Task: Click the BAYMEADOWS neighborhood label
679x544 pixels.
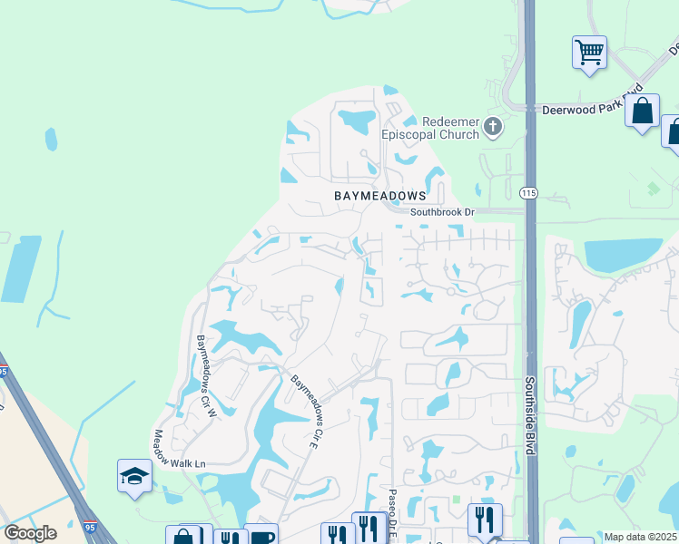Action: (380, 196)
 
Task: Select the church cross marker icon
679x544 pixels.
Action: (493, 126)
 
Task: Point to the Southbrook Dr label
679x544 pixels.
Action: (442, 212)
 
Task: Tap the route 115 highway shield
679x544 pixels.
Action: (528, 193)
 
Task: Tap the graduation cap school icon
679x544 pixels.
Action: (134, 475)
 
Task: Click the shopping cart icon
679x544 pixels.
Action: (590, 51)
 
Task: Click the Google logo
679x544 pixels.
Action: (30, 532)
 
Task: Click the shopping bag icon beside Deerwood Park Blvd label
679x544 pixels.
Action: (643, 111)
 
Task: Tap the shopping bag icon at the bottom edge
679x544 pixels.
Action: (184, 536)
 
